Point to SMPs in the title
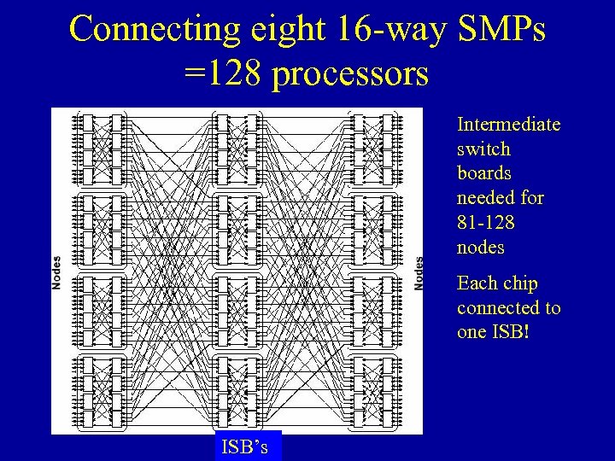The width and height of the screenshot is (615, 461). pyautogui.click(x=502, y=29)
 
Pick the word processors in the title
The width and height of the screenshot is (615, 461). pyautogui.click(x=350, y=76)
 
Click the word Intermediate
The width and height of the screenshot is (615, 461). pyautogui.click(x=508, y=125)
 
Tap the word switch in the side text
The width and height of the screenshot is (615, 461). pyautogui.click(x=483, y=149)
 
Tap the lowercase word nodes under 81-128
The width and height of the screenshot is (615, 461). pyautogui.click(x=480, y=248)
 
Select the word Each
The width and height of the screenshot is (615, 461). pyautogui.click(x=474, y=283)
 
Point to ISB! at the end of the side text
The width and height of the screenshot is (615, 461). pyautogui.click(x=511, y=332)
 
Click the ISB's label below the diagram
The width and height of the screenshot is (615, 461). pyautogui.click(x=244, y=446)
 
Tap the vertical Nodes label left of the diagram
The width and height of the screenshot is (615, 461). pyautogui.click(x=57, y=272)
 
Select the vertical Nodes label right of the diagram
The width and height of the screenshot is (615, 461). pyautogui.click(x=419, y=272)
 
